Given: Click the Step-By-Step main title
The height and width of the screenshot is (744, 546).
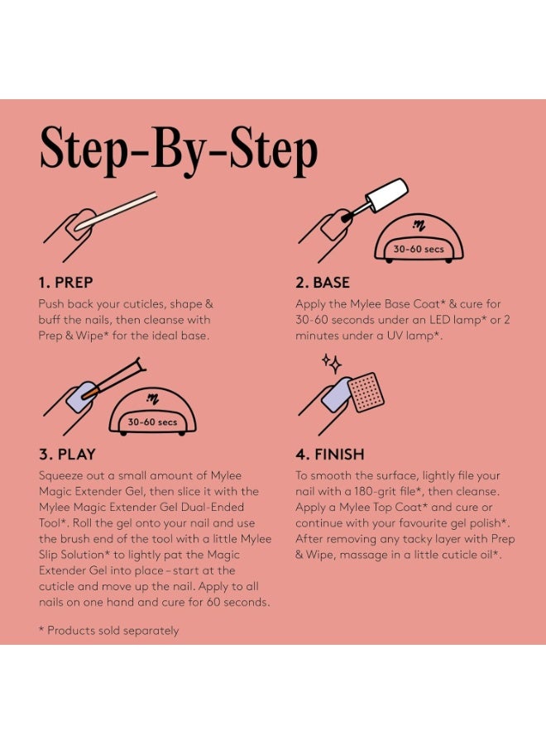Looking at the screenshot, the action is coord(179,151).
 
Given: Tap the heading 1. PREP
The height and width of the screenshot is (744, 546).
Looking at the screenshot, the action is coord(65,283).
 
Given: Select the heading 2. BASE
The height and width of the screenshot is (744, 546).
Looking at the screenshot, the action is coord(323,283).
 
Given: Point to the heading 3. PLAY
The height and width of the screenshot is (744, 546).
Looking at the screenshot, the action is coord(67,454).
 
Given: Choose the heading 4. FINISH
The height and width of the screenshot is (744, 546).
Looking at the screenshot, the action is coord(329,454).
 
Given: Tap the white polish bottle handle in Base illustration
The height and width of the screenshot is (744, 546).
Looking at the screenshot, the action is coord(387,194).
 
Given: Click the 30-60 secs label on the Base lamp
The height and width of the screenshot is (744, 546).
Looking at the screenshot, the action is coord(419,249).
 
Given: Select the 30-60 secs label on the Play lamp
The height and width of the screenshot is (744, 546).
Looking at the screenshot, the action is coord(152,422).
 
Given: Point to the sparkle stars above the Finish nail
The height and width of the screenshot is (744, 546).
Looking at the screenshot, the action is coord(332,364).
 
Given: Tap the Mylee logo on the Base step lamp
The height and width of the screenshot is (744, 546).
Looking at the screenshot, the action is coord(419,226).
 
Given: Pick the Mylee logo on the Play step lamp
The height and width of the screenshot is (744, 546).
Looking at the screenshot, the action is coord(152,398).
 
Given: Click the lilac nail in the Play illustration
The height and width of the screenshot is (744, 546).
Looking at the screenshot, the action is coord(79,397).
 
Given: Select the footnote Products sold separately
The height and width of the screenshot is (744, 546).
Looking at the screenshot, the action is coord(108,631).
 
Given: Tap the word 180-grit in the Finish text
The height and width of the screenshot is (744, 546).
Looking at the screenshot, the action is coord(376,492).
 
